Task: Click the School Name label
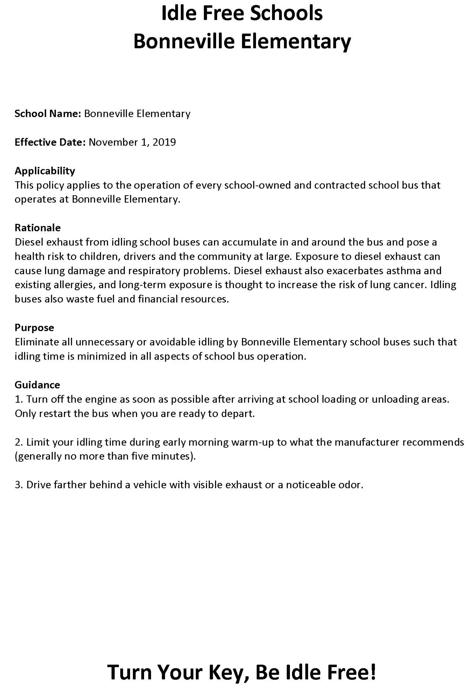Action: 47,113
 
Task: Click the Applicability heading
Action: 45,171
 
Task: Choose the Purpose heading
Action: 34,328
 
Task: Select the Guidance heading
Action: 37,385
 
